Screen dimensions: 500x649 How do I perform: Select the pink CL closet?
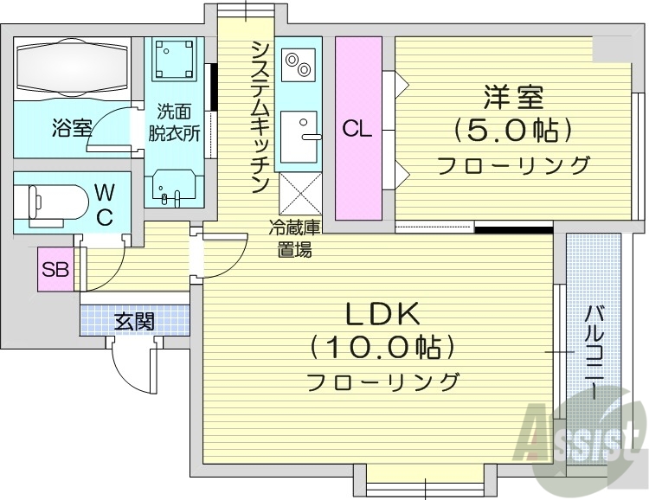357,128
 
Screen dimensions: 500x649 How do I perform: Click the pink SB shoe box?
55,269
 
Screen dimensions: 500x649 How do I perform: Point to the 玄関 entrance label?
134,323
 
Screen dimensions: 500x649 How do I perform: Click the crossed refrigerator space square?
299,192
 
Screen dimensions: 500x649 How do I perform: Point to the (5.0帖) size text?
513,131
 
